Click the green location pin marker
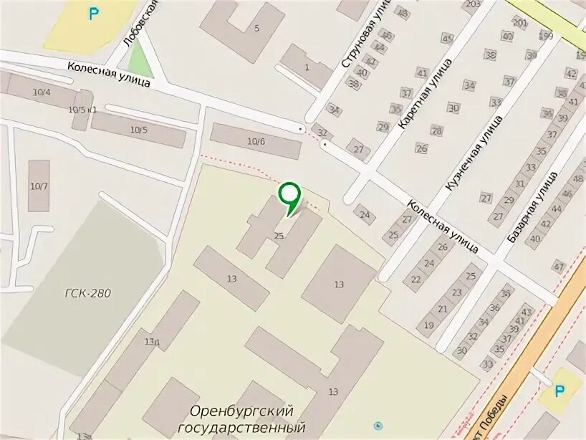pos(289,195)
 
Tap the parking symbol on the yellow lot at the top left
pos(93,13)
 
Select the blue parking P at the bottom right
pos(559,390)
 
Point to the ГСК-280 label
pos(87,292)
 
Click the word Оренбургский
pos(242,411)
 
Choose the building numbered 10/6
pos(256,141)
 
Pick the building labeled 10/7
pos(39,186)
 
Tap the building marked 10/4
pos(41,92)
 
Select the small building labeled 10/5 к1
pos(82,110)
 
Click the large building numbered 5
pos(256,29)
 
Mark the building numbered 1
pos(307,67)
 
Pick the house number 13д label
pos(152,342)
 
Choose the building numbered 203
pos(472,5)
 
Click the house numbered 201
pos(520,23)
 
